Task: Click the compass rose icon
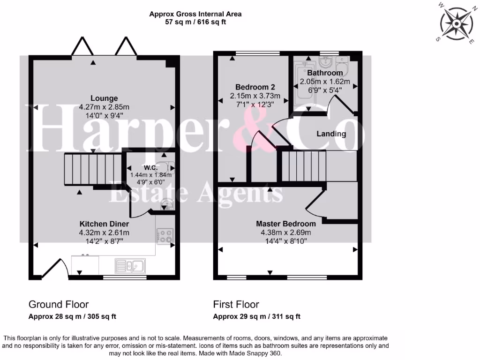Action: [x=456, y=23]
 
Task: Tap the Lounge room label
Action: [x=104, y=98]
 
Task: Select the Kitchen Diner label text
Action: [x=104, y=224]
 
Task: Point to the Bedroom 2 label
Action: [x=255, y=87]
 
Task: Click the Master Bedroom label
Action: [x=285, y=224]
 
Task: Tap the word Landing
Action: [x=331, y=134]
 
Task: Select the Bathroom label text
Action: [x=325, y=73]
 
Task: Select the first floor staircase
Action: [x=303, y=165]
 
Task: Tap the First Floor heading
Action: [x=233, y=304]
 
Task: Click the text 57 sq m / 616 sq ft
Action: [x=195, y=22]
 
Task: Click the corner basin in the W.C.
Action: [x=166, y=203]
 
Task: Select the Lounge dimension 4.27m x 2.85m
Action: [x=104, y=107]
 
